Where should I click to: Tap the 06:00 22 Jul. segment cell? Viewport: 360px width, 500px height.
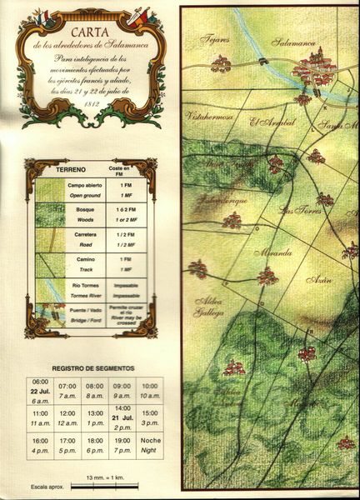(x=40, y=390)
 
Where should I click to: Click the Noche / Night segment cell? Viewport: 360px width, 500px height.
(x=151, y=446)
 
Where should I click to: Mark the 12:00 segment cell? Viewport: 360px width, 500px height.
(x=67, y=417)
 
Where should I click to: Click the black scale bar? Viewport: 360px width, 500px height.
(x=105, y=486)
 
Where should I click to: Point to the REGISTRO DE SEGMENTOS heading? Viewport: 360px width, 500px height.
(x=92, y=367)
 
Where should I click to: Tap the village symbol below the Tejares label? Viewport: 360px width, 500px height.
(x=221, y=62)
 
